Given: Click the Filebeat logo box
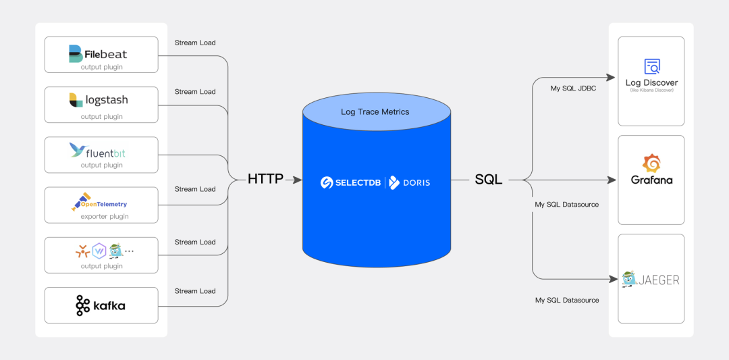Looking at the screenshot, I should pos(101,55).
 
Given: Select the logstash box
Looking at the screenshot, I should pos(101,105).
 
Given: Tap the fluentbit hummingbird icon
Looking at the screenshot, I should pos(77,151).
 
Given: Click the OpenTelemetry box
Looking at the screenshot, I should pos(101,205).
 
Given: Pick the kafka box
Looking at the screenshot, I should pos(101,305).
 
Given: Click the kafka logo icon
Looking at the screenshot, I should pos(82,305).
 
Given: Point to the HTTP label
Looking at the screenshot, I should pos(265,180).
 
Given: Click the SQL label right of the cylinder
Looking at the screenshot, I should pos(488,180).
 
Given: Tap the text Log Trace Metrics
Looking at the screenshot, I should pos(375,111).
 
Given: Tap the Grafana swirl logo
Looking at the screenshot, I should pos(651,163).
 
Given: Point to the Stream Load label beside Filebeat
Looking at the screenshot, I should pos(195,43).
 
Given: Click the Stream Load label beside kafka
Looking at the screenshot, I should pos(195,291).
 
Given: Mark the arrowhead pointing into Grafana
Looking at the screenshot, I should pos(612,180).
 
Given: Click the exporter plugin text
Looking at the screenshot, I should pos(105,217).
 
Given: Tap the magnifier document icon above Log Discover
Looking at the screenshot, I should pos(652,66).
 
